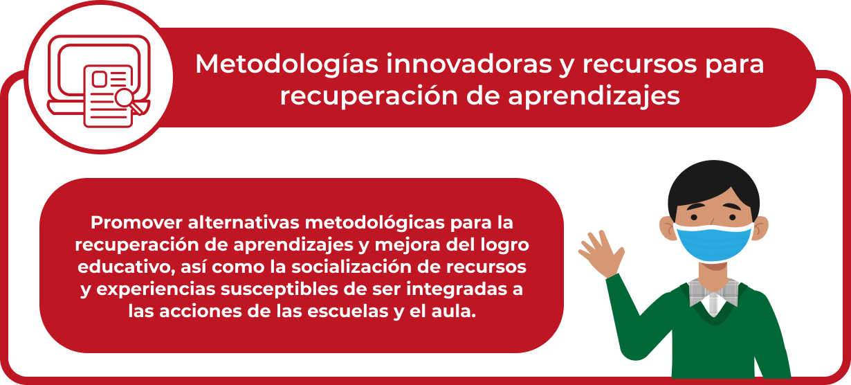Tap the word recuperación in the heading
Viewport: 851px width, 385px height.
click(369, 96)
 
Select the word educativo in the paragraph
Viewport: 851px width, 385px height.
click(126, 267)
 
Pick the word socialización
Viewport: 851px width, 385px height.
click(351, 267)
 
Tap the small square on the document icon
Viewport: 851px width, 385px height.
click(100, 79)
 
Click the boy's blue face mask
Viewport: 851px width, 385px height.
click(714, 242)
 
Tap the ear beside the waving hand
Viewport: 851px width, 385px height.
click(668, 229)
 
